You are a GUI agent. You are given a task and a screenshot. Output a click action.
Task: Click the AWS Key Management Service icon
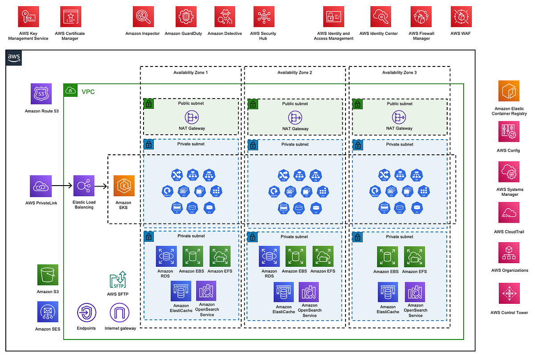point(28,17)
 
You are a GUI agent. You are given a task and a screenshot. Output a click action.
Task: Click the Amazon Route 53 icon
point(41,95)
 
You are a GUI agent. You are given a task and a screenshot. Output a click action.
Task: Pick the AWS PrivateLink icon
point(41,186)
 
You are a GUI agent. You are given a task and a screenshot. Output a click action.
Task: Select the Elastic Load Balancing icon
point(84,186)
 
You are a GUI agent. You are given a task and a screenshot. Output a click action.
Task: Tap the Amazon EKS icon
point(123,186)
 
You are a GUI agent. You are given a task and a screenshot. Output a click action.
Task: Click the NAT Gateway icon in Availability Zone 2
point(295,117)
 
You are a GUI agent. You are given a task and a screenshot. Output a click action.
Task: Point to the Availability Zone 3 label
point(399,72)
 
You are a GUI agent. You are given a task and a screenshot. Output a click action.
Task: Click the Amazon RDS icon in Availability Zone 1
point(165,257)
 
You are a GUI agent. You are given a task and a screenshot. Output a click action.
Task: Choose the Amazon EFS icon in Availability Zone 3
point(414,257)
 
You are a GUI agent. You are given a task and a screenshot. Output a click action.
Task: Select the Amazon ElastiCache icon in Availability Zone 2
point(284,293)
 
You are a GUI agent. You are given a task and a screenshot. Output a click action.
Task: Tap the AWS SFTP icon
point(118,280)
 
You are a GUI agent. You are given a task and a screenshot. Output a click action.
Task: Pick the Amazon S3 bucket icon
point(48,276)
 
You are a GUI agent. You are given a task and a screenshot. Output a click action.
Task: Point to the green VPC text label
point(88,92)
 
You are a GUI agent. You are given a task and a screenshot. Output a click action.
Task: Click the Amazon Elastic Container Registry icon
point(509,91)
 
